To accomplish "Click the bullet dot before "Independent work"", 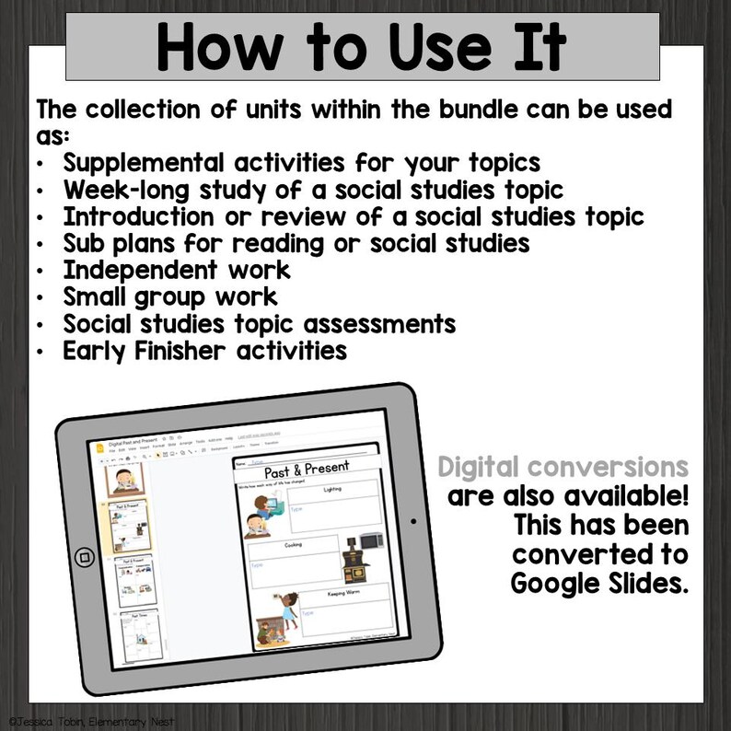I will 43,271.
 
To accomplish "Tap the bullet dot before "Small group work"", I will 43,297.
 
